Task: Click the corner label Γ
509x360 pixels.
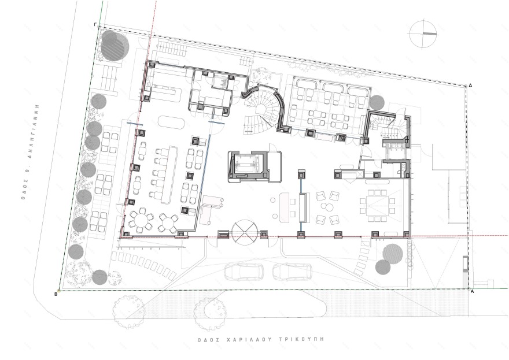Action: (x=95, y=24)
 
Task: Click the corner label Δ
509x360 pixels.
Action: (x=470, y=86)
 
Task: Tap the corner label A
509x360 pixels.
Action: (x=473, y=291)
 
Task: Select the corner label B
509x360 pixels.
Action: (x=56, y=294)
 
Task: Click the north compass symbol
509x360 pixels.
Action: (x=423, y=34)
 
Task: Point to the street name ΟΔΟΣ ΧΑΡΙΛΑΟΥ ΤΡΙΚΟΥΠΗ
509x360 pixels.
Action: (x=261, y=340)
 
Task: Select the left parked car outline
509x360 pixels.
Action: (x=244, y=272)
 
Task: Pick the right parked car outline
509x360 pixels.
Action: (x=292, y=272)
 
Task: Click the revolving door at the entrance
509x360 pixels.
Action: (x=245, y=233)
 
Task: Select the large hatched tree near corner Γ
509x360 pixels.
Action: (x=113, y=46)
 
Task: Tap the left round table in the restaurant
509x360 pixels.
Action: (x=141, y=221)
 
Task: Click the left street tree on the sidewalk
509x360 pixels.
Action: (x=128, y=307)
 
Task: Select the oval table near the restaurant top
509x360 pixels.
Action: (x=171, y=123)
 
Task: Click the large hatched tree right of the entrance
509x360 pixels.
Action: (x=393, y=254)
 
